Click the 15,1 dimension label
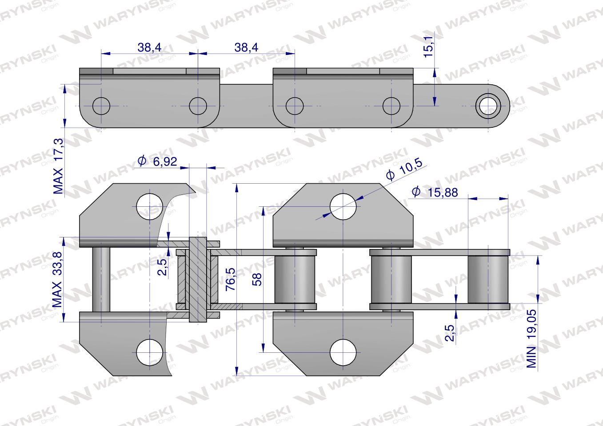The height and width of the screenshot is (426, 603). pyautogui.click(x=428, y=47)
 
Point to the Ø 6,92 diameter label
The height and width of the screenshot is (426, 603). pyautogui.click(x=157, y=161)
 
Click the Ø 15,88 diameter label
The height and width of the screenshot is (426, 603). pyautogui.click(x=435, y=192)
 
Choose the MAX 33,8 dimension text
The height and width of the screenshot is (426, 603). pyautogui.click(x=57, y=280)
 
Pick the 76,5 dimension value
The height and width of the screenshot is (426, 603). pyautogui.click(x=231, y=279)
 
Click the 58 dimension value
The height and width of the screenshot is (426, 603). pyautogui.click(x=257, y=279)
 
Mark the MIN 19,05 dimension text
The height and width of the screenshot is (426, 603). pyautogui.click(x=531, y=339)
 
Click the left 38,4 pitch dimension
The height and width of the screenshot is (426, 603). pyautogui.click(x=149, y=47)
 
